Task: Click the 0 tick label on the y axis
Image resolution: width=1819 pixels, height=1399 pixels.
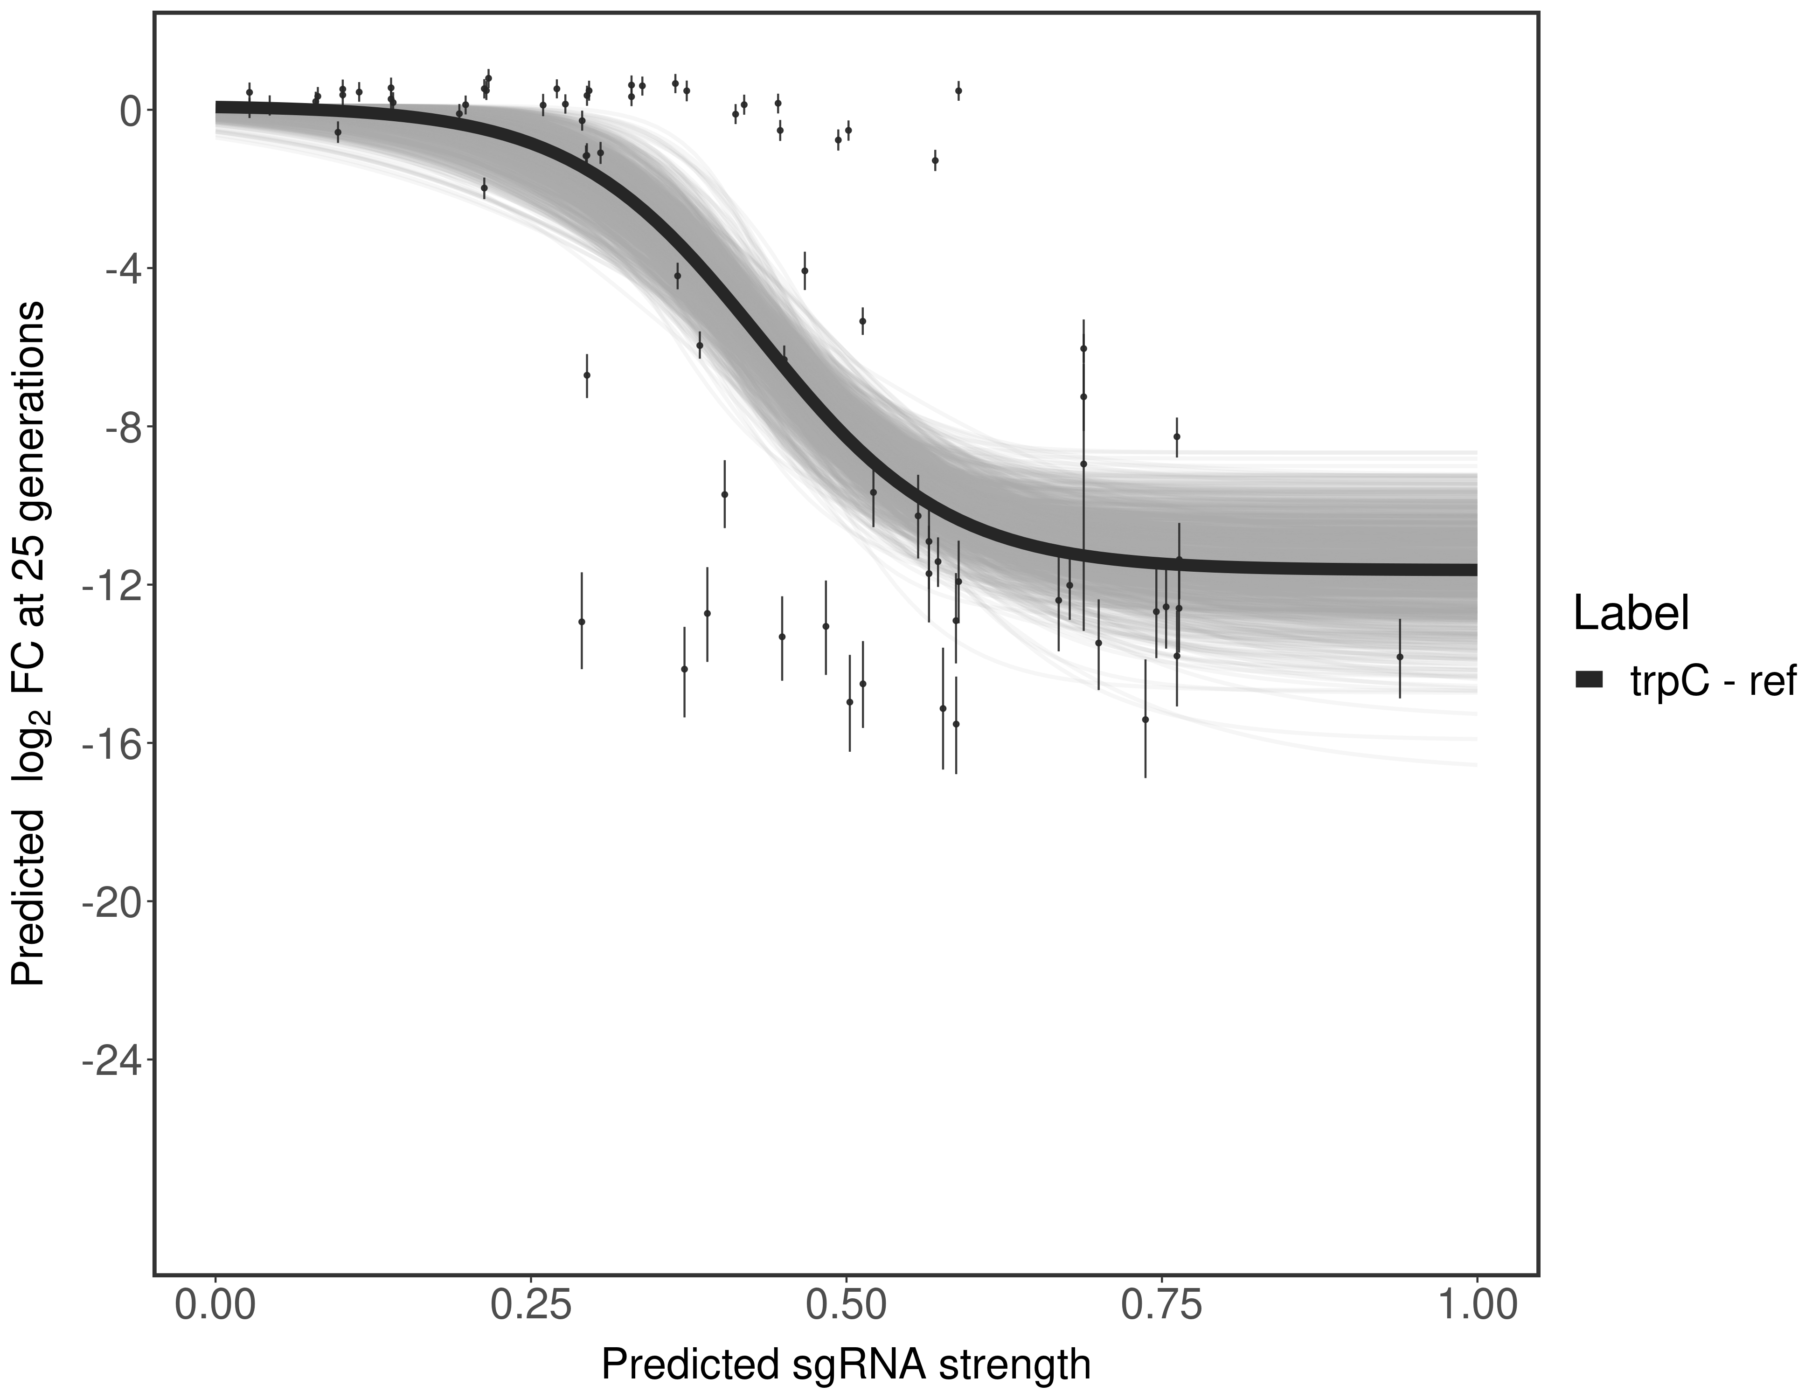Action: (x=130, y=111)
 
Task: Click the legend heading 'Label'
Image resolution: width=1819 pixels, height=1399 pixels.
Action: (x=1631, y=614)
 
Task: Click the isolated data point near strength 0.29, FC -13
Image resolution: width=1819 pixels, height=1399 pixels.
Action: (x=581, y=621)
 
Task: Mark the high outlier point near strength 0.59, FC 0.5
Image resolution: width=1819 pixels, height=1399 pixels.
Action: (x=958, y=90)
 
